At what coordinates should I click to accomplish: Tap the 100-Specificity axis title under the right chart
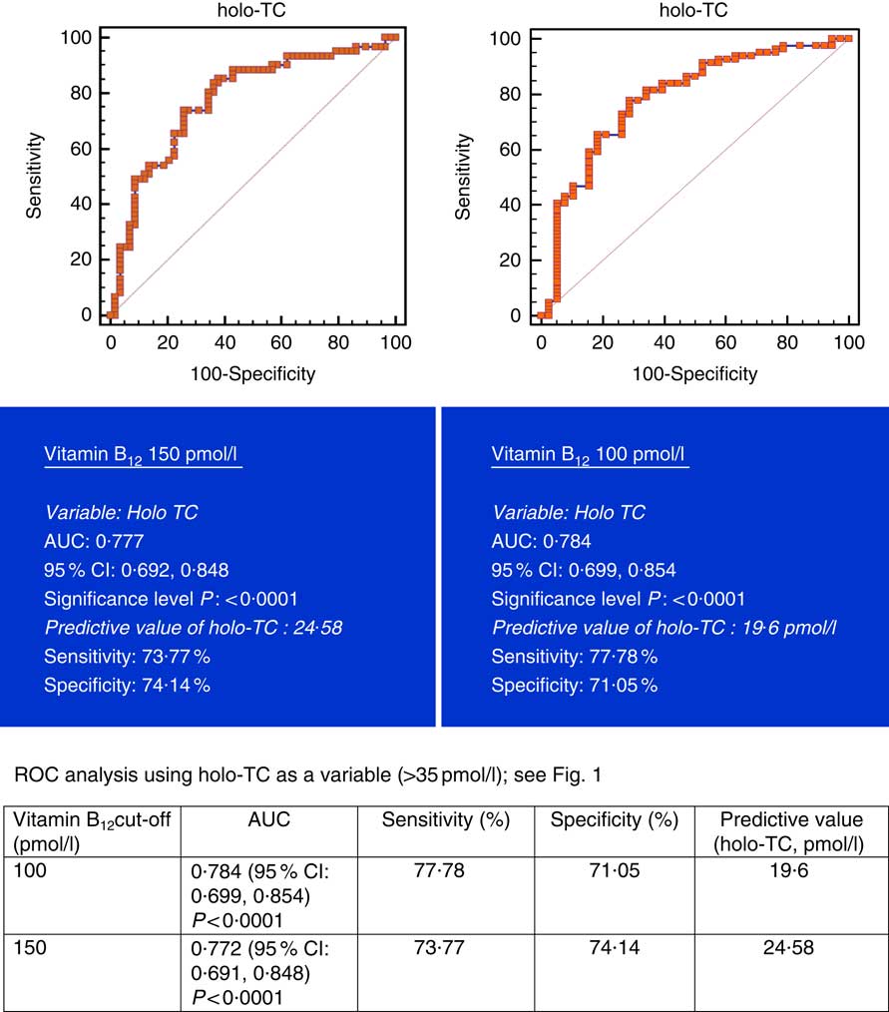(x=694, y=374)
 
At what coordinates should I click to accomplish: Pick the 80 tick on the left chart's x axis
(x=339, y=342)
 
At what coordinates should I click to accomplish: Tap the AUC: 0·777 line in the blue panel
(x=93, y=541)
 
